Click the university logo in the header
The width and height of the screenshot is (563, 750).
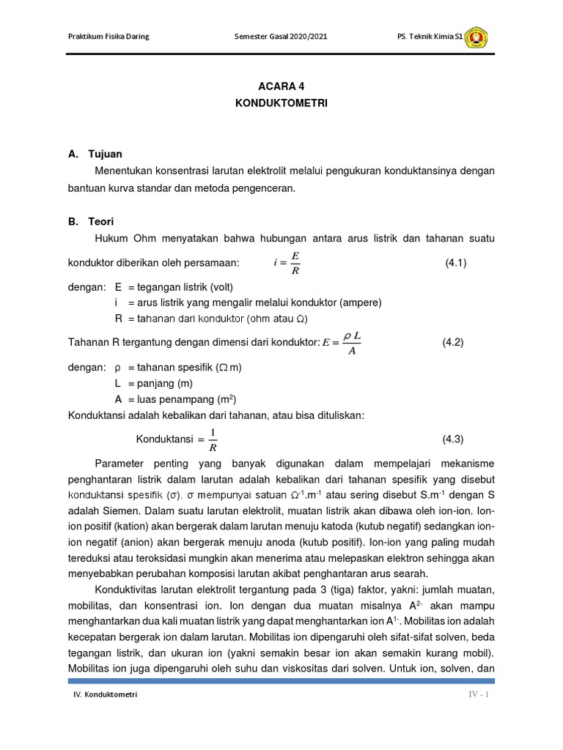(476, 37)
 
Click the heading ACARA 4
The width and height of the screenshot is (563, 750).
(281, 86)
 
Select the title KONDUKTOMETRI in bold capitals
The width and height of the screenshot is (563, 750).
(281, 104)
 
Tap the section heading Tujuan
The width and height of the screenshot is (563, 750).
(105, 154)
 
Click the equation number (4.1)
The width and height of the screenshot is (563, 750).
(455, 263)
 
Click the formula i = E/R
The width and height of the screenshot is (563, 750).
(287, 263)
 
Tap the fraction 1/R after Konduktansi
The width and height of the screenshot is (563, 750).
(213, 439)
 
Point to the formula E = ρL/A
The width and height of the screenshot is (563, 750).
(342, 342)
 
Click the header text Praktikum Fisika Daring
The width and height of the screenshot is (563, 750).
(108, 37)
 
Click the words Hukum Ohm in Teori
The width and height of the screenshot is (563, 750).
(122, 238)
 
